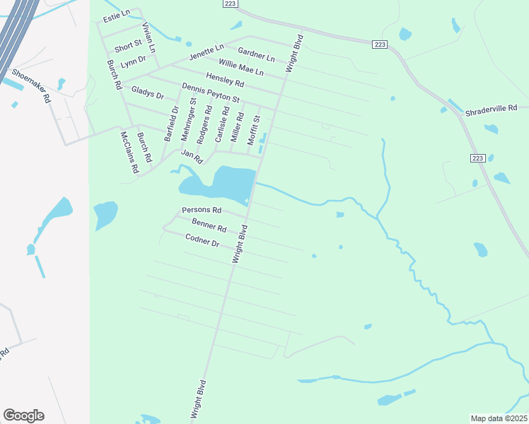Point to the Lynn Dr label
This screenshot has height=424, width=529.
133,64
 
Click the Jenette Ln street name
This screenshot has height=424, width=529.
206,52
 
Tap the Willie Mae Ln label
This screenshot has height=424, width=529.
240,68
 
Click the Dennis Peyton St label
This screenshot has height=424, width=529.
211,93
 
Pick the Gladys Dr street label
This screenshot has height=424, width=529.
148,93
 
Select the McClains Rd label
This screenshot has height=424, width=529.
128,152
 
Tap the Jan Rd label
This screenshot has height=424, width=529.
192,154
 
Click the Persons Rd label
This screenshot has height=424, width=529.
202,211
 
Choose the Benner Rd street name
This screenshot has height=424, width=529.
209,225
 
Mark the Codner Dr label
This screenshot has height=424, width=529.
203,240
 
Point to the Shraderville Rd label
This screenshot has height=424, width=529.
492,110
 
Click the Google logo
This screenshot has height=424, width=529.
23,416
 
